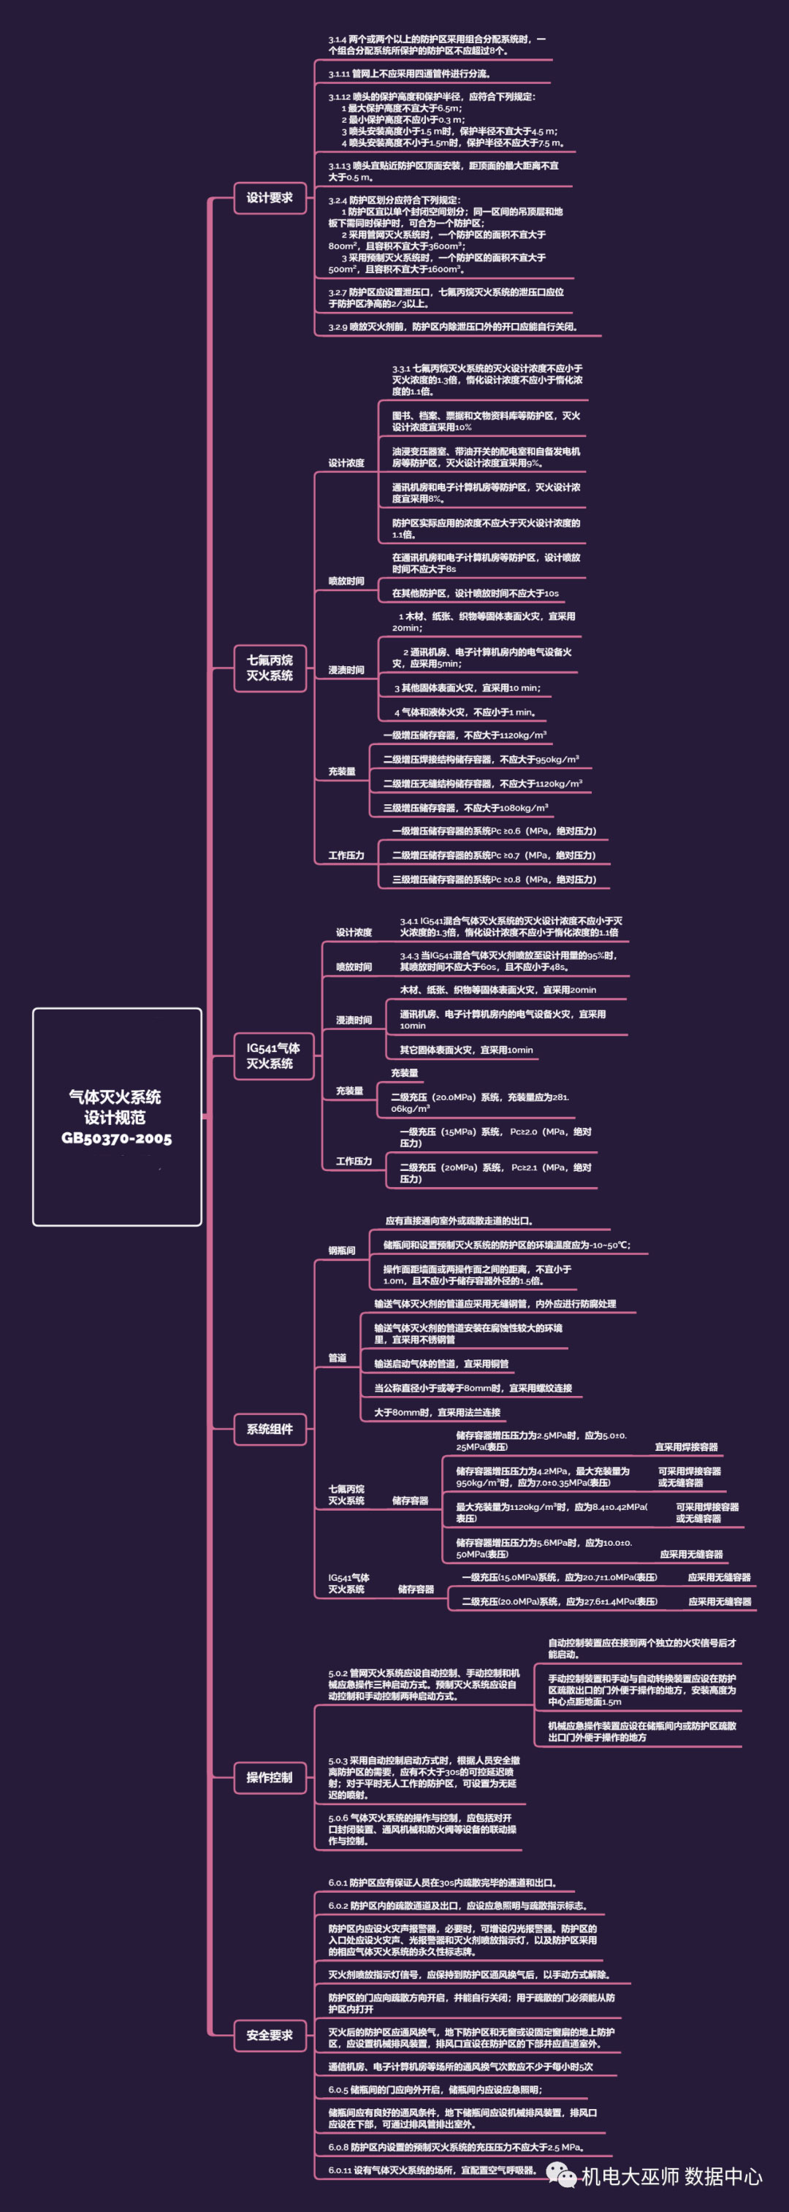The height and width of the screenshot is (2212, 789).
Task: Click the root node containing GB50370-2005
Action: [117, 1116]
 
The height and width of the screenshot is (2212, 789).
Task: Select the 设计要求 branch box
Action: [270, 197]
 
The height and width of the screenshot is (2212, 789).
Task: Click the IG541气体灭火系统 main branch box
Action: [273, 1056]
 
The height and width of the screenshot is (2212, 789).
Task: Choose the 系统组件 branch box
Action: [270, 1429]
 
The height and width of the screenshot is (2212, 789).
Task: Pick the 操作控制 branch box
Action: [270, 1777]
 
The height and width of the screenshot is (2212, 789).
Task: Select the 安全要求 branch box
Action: [270, 2035]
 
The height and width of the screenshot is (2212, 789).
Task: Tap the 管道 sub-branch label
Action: [338, 1357]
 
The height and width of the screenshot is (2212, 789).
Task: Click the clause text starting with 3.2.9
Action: [452, 327]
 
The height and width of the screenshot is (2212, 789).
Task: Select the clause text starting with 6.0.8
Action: [456, 2147]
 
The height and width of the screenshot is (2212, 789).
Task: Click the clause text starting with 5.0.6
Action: [422, 1829]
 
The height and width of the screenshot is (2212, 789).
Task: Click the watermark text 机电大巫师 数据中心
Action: [671, 2176]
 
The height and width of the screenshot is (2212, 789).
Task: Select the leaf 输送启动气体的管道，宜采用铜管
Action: [441, 1364]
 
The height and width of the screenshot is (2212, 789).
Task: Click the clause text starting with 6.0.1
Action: [442, 1883]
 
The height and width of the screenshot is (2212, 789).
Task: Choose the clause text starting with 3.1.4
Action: [436, 45]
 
